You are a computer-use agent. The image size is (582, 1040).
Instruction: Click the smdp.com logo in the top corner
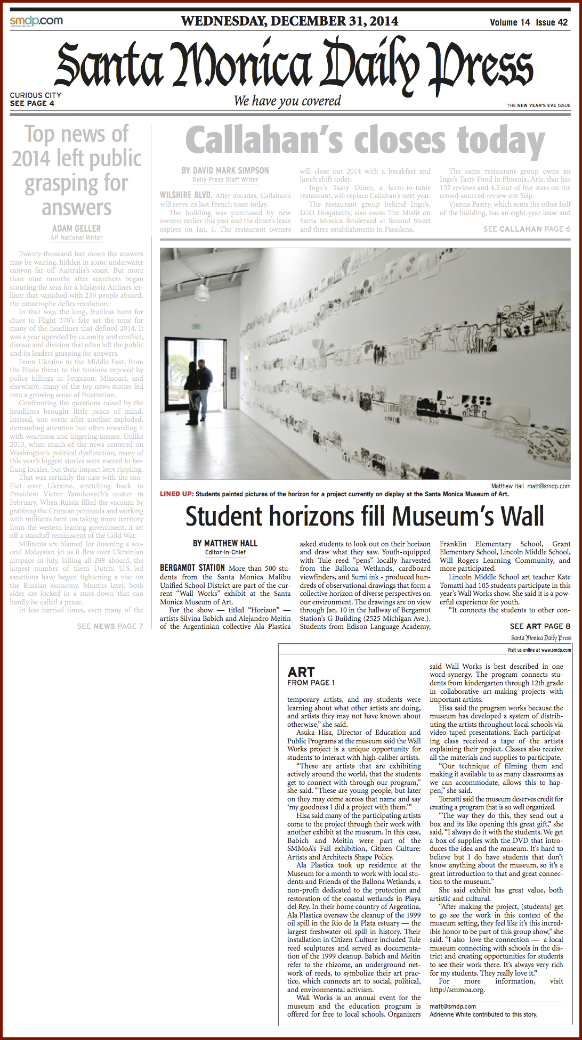pos(36,21)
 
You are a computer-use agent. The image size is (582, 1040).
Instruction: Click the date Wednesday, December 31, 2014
pos(289,21)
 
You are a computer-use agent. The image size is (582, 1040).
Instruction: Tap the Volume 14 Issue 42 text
pos(529,22)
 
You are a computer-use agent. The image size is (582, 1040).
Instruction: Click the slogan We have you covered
pos(287,101)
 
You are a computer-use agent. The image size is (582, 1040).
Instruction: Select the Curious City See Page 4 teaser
pos(35,99)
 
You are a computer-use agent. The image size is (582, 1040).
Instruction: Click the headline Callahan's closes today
pos(365,141)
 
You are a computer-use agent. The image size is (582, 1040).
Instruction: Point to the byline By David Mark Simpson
pos(225,170)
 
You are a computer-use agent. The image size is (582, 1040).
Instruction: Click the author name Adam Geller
pos(77,228)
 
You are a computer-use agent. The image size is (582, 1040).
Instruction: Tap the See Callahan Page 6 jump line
pos(527,229)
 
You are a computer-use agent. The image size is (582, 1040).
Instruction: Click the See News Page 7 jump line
pos(110,626)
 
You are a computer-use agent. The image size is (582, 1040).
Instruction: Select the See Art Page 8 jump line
pos(540,626)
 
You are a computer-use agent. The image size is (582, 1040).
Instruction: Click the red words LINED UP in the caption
pos(176,494)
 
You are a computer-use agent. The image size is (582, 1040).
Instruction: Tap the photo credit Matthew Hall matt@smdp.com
pos(530,486)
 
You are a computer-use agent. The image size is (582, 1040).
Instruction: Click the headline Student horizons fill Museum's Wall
pos(365,517)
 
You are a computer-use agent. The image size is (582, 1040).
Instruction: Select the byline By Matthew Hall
pos(225,543)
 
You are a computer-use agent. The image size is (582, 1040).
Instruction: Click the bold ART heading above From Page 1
pos(301,672)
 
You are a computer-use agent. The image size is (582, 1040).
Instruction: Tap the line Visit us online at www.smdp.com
pos(539,650)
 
